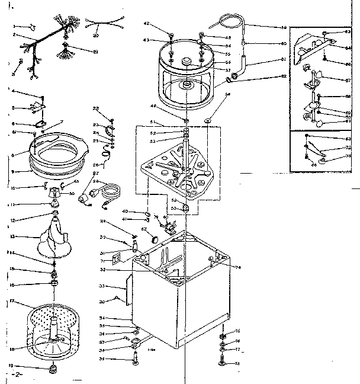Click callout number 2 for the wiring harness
[14, 35]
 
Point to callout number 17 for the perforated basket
[11, 301]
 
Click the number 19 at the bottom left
[11, 366]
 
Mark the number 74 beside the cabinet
[238, 268]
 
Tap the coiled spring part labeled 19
[53, 369]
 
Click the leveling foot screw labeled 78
[223, 363]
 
